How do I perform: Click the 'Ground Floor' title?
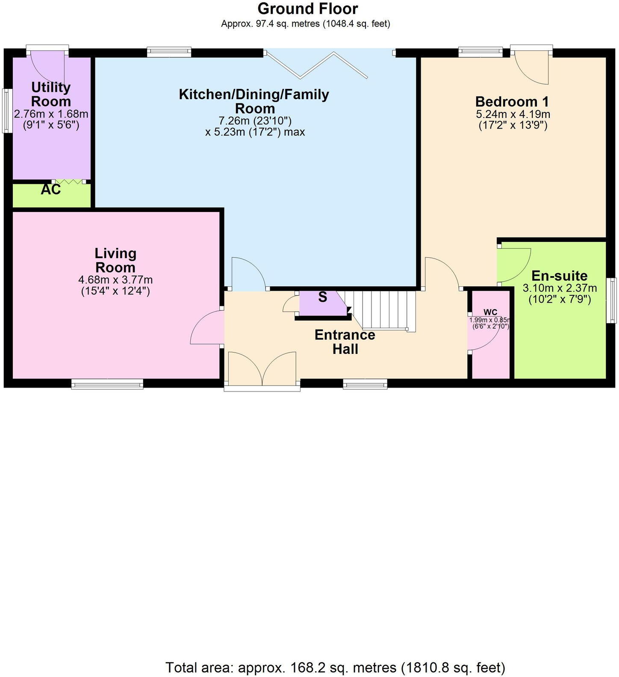308,9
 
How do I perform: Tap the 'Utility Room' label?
51,94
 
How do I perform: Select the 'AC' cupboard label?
50,190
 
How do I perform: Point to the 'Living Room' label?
115,260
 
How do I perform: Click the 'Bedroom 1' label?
512,102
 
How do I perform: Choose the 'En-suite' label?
559,275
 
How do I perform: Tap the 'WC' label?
490,312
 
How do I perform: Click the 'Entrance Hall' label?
345,342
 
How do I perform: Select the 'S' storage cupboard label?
323,297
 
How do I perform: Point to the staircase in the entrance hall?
380,310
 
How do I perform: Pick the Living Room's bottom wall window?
107,385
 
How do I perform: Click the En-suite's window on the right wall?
613,300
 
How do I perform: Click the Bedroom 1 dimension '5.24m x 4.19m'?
513,115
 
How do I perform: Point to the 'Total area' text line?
335,667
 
